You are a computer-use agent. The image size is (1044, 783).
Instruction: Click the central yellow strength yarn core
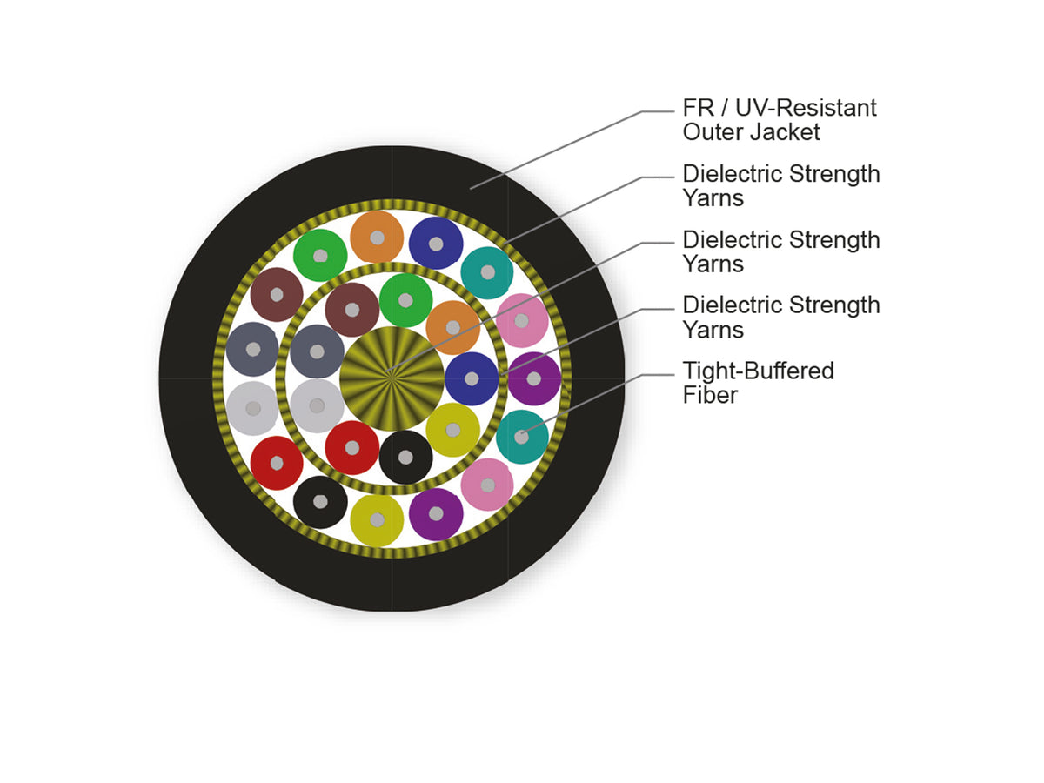tap(391, 378)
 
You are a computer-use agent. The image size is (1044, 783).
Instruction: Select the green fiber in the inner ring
tap(405, 300)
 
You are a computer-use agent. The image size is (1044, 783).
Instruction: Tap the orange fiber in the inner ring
tap(452, 327)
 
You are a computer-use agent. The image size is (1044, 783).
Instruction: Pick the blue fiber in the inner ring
tap(472, 378)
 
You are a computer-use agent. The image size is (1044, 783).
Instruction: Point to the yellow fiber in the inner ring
tap(452, 430)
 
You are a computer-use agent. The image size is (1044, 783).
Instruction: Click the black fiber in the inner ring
tap(405, 458)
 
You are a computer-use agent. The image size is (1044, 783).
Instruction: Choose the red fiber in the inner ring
tap(352, 447)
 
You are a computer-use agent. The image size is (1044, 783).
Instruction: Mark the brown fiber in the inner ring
tap(352, 310)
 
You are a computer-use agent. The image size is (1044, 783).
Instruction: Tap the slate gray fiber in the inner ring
tap(317, 351)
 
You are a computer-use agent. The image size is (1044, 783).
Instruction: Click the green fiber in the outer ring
tap(320, 255)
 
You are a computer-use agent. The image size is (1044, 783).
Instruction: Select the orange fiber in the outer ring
tap(377, 238)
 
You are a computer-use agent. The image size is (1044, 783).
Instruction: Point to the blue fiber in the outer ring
tap(436, 244)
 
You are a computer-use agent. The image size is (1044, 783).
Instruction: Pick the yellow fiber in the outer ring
tap(377, 519)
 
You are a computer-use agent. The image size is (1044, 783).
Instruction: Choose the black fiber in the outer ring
tap(320, 502)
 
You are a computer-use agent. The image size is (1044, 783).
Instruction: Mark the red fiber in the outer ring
tap(277, 463)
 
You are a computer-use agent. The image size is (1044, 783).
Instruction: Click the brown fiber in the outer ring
tap(277, 294)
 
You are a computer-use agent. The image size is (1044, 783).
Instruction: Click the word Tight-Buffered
tap(758, 371)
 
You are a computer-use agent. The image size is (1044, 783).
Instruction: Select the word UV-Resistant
tap(806, 108)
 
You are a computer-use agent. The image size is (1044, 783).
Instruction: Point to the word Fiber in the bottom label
tap(710, 395)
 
